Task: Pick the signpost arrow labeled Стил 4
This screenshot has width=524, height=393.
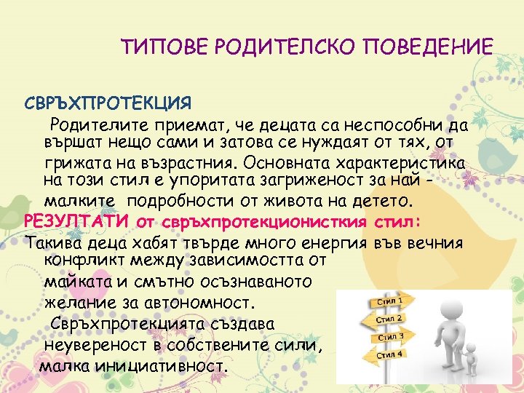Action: [392, 355]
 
